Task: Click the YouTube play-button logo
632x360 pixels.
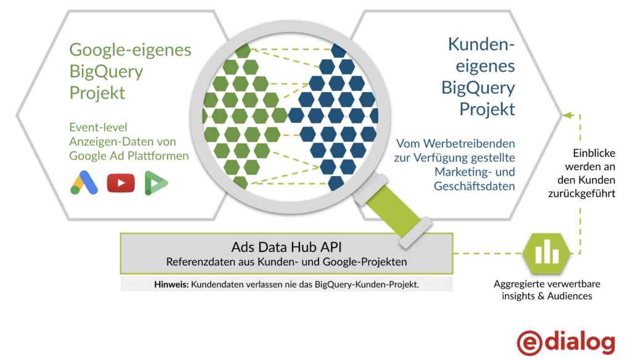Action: click(121, 183)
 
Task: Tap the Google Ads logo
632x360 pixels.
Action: click(85, 182)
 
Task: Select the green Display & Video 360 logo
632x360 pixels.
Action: click(156, 183)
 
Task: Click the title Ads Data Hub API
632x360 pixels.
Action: click(286, 247)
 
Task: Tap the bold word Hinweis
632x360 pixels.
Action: click(170, 285)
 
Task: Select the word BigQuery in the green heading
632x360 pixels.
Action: click(106, 72)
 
